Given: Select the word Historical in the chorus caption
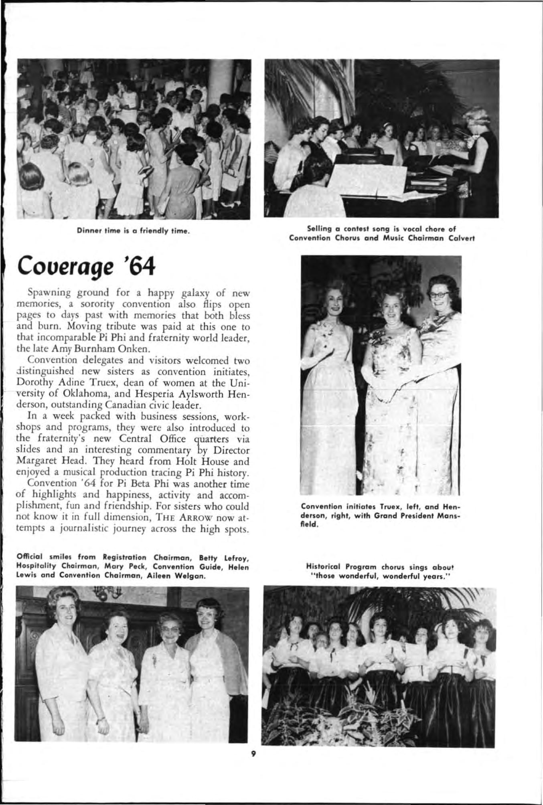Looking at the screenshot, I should tap(320, 567).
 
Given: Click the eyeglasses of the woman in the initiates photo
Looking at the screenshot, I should tap(438, 294).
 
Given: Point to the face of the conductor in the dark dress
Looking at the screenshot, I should tap(475, 119).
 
